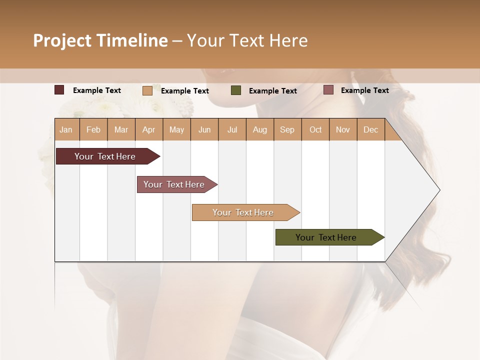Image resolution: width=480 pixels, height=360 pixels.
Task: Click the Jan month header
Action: [x=66, y=129]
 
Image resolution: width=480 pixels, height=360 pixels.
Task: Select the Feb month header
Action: [x=93, y=129]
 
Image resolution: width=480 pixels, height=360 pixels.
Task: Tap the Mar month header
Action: [x=121, y=129]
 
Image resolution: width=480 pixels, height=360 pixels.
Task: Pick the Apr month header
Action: [x=149, y=129]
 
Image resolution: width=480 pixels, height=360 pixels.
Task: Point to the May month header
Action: [x=176, y=129]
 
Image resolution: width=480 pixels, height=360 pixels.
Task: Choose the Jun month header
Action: [x=204, y=129]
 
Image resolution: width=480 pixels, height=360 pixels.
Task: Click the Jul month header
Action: [x=232, y=129]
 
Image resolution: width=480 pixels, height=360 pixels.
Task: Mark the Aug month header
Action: [x=260, y=129]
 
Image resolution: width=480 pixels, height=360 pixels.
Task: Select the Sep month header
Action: [x=287, y=129]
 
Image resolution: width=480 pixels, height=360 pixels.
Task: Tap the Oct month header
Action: [x=315, y=129]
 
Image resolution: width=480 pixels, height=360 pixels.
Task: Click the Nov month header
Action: [x=343, y=129]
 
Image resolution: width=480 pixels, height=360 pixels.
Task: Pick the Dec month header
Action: [x=370, y=129]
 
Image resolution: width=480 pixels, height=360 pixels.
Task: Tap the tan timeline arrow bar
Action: [x=243, y=212]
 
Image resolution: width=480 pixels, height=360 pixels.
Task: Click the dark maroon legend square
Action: [x=59, y=90]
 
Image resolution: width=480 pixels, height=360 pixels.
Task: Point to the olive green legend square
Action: [x=236, y=90]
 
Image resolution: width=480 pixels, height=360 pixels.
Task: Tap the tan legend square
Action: [x=147, y=90]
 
